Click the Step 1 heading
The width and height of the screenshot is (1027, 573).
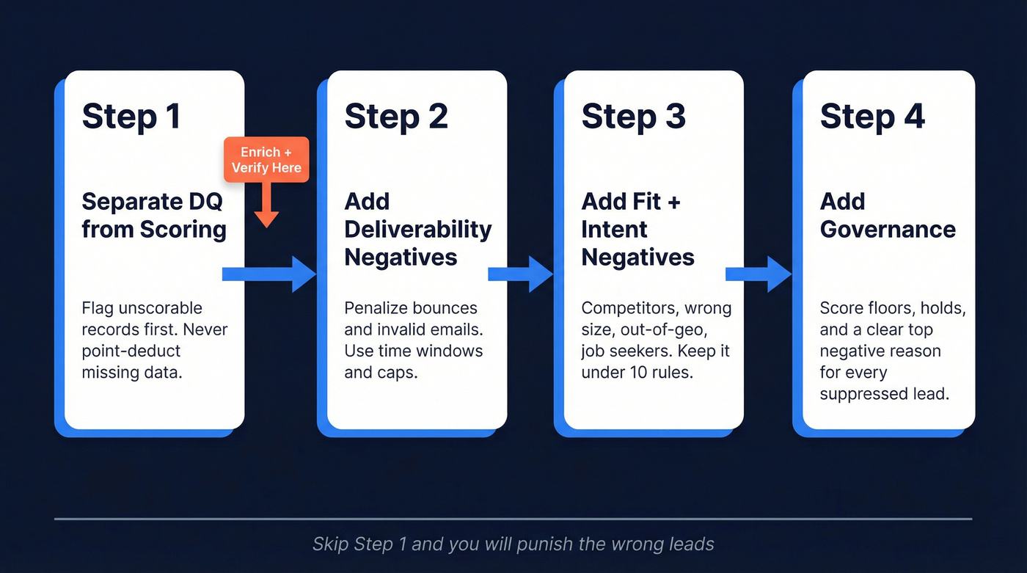coord(131,117)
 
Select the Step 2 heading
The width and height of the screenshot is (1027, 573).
coord(395,117)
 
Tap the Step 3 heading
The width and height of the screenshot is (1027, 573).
coord(633,117)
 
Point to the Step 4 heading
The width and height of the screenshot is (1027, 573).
coord(872,117)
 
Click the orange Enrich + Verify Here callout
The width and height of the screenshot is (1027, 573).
coord(266,160)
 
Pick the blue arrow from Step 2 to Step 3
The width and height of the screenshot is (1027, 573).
coord(520,274)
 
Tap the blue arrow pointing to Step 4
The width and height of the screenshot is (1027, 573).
coord(758,274)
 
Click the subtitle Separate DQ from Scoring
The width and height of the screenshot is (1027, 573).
coord(154,215)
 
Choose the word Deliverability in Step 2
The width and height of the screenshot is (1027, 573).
coord(417,229)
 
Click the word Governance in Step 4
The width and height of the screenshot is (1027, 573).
coord(888,229)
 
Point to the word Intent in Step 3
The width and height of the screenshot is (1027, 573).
coord(614,229)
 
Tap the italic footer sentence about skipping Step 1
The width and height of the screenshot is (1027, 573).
coord(513,544)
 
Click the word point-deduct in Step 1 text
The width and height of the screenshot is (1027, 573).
coord(131,351)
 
